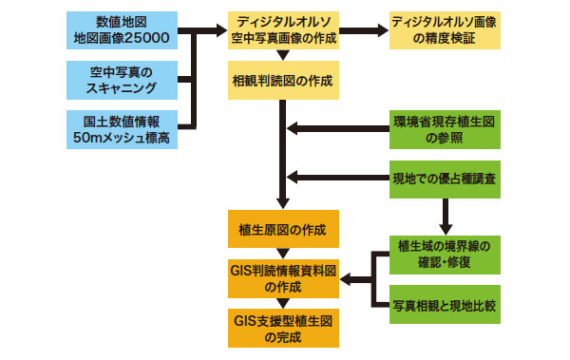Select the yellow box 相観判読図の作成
pos(282,82)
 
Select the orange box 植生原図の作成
pos(282,230)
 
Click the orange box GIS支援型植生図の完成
pos(282,326)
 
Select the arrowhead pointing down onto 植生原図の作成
pos(282,201)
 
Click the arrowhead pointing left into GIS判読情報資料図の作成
pos(347,279)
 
